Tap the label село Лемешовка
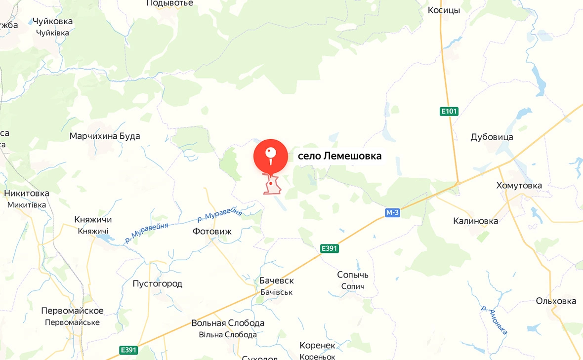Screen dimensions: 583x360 339,156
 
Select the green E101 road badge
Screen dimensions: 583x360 449,112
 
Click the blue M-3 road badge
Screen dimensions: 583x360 392,212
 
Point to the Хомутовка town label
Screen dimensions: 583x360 519,186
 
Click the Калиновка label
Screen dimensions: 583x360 475,221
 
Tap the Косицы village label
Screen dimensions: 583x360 444,10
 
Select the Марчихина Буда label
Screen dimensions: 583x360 105,136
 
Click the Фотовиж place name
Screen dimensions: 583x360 212,231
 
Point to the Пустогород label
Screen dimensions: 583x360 158,283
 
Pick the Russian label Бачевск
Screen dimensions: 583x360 277,280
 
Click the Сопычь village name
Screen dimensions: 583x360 353,275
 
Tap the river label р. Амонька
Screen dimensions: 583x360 494,320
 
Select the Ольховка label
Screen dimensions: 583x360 556,301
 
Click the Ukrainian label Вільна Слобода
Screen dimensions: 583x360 228,335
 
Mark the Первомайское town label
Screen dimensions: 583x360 72,311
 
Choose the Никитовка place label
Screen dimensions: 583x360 27,193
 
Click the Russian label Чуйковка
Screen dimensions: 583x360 52,21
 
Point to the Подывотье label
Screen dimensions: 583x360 170,3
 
